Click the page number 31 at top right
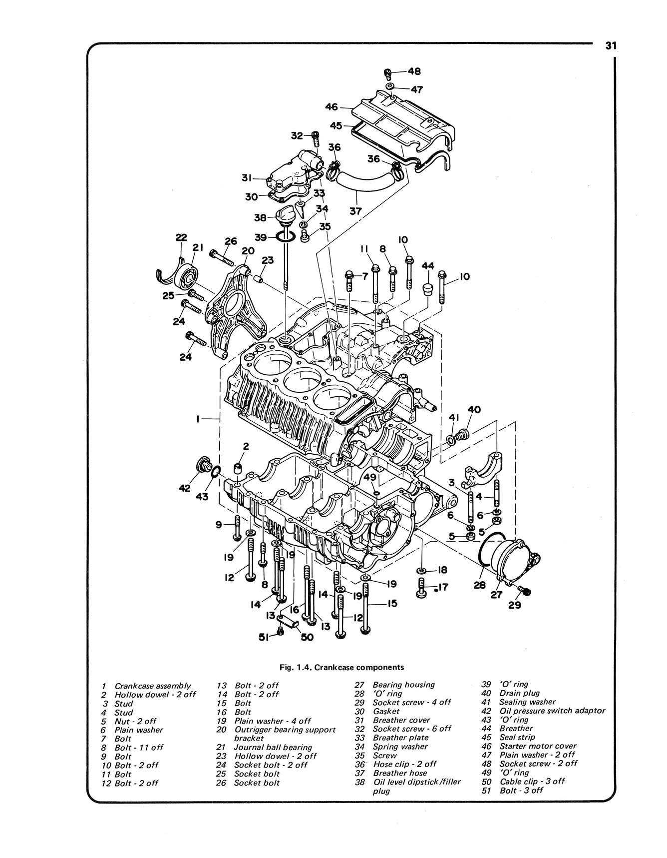tap(611, 45)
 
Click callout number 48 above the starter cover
tap(414, 71)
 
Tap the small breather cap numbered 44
tap(428, 289)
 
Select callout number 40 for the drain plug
tap(474, 410)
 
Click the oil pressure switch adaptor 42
tap(203, 464)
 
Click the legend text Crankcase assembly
tap(152, 686)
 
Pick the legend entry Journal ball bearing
tap(273, 748)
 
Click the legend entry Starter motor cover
tap(538, 746)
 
